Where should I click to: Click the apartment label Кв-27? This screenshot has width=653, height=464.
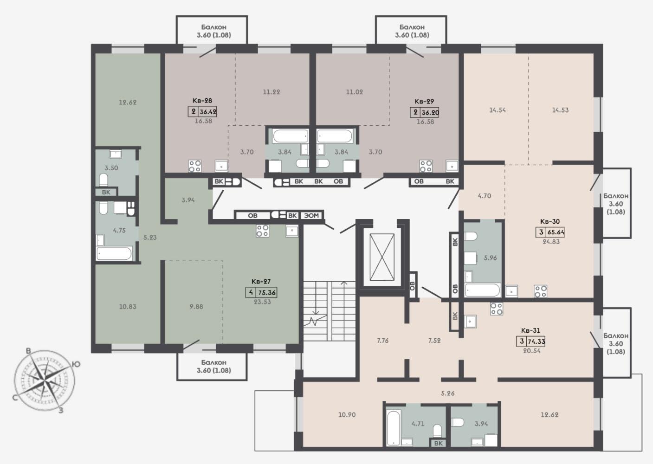tap(261, 282)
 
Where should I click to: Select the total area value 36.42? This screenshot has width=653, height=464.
tap(208, 112)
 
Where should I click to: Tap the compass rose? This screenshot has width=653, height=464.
tap(44, 380)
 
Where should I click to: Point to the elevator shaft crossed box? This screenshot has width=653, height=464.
tap(382, 257)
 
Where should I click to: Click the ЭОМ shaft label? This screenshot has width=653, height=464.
tap(311, 216)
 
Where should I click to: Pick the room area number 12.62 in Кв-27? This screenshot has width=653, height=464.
tap(127, 102)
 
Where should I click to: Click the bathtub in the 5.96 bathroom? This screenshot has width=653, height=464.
tap(483, 290)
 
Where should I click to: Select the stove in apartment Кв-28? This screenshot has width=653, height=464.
tap(195, 166)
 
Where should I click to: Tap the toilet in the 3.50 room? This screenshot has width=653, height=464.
tap(103, 180)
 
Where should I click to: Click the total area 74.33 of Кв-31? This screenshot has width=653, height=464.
tap(536, 342)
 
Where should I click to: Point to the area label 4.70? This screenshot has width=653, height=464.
tap(484, 196)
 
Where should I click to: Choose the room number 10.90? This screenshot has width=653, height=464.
tap(347, 414)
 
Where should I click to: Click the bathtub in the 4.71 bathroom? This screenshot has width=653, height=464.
tap(393, 427)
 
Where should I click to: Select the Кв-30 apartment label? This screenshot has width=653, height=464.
tap(550, 221)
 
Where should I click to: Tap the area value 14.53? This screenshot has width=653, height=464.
tap(560, 110)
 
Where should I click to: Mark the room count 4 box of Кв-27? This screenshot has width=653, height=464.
tap(251, 292)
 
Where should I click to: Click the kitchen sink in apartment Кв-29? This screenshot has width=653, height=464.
tap(452, 166)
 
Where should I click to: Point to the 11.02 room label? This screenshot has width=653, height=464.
tap(355, 92)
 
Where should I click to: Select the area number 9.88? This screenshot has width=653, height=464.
tap(196, 307)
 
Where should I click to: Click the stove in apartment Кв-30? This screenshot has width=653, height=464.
tap(541, 291)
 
